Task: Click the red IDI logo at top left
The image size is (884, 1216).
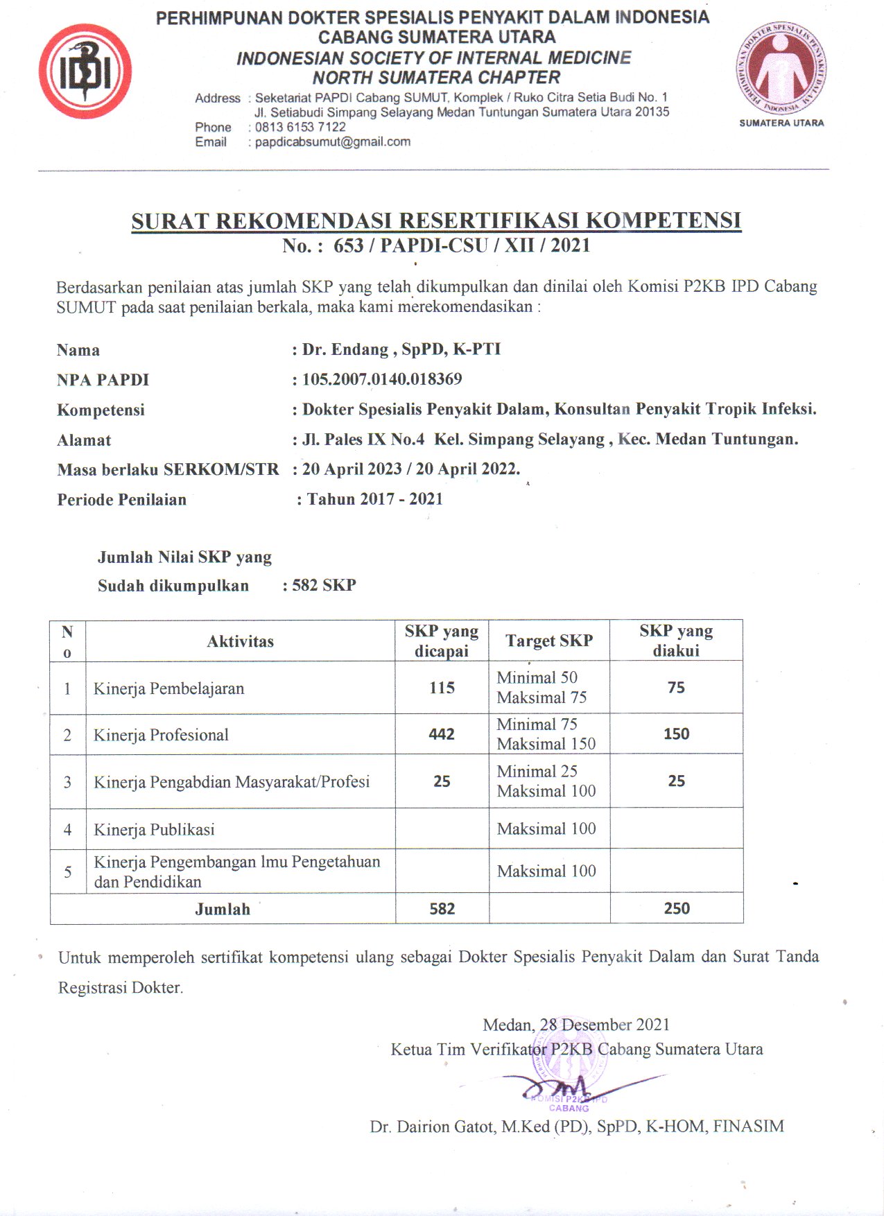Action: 85,72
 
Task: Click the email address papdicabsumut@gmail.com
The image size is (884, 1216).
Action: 332,142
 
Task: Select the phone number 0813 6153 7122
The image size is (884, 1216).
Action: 300,127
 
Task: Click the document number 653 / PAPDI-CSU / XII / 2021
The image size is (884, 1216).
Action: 461,245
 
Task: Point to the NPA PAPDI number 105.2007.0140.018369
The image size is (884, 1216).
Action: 382,379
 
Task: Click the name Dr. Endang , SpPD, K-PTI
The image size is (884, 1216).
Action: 401,349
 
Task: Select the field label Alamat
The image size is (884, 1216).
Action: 84,440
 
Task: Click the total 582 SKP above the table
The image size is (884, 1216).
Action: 324,585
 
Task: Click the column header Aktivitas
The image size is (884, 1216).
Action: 240,641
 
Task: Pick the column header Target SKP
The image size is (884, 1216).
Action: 549,641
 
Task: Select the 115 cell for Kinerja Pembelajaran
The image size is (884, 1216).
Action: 442,688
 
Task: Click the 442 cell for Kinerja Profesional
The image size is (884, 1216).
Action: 442,734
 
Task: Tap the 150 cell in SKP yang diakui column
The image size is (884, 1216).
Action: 676,734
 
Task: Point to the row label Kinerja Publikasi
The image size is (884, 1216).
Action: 154,830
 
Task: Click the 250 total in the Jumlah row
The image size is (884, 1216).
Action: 676,909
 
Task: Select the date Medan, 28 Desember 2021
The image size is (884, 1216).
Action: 576,1025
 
